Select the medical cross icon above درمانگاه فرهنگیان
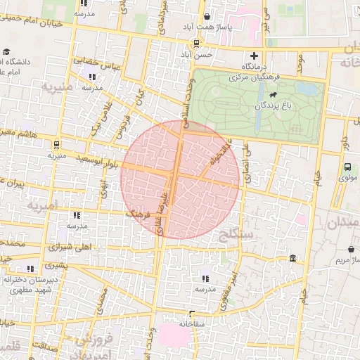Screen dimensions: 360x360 255,56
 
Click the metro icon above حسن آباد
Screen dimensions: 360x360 195,43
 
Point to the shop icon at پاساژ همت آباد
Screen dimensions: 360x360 207,16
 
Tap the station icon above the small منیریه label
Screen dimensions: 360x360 56,144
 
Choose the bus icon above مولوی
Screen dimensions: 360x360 348,167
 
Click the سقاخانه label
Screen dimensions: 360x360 191,324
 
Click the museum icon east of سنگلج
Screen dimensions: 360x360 292,259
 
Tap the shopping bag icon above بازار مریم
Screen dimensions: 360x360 351,249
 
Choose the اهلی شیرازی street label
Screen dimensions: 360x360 69,247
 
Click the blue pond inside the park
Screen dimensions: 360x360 306,89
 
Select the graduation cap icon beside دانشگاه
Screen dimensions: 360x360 6,51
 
